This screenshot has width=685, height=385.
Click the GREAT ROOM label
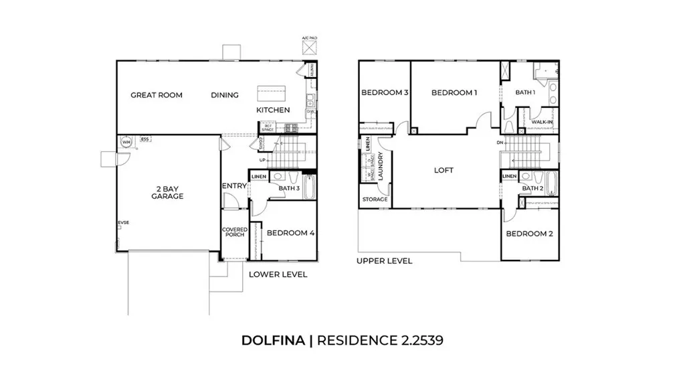point(156,95)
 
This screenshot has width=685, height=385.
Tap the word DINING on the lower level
point(225,95)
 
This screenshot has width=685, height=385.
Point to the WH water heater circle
point(126,141)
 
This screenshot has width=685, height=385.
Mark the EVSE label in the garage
point(122,223)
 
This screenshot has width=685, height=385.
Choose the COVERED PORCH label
point(235,233)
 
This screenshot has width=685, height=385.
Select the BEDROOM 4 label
point(290,233)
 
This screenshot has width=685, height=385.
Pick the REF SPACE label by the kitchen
point(268,127)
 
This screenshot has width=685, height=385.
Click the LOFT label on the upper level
point(444,170)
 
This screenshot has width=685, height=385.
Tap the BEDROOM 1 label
point(454,92)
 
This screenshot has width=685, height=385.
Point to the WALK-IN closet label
point(542,122)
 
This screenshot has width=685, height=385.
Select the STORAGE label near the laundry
point(375,200)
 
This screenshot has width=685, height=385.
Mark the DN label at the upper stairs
point(500,143)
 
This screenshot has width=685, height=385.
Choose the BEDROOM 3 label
point(385,92)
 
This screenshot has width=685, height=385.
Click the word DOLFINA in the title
point(273,340)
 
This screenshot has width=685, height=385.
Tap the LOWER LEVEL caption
point(278,275)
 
